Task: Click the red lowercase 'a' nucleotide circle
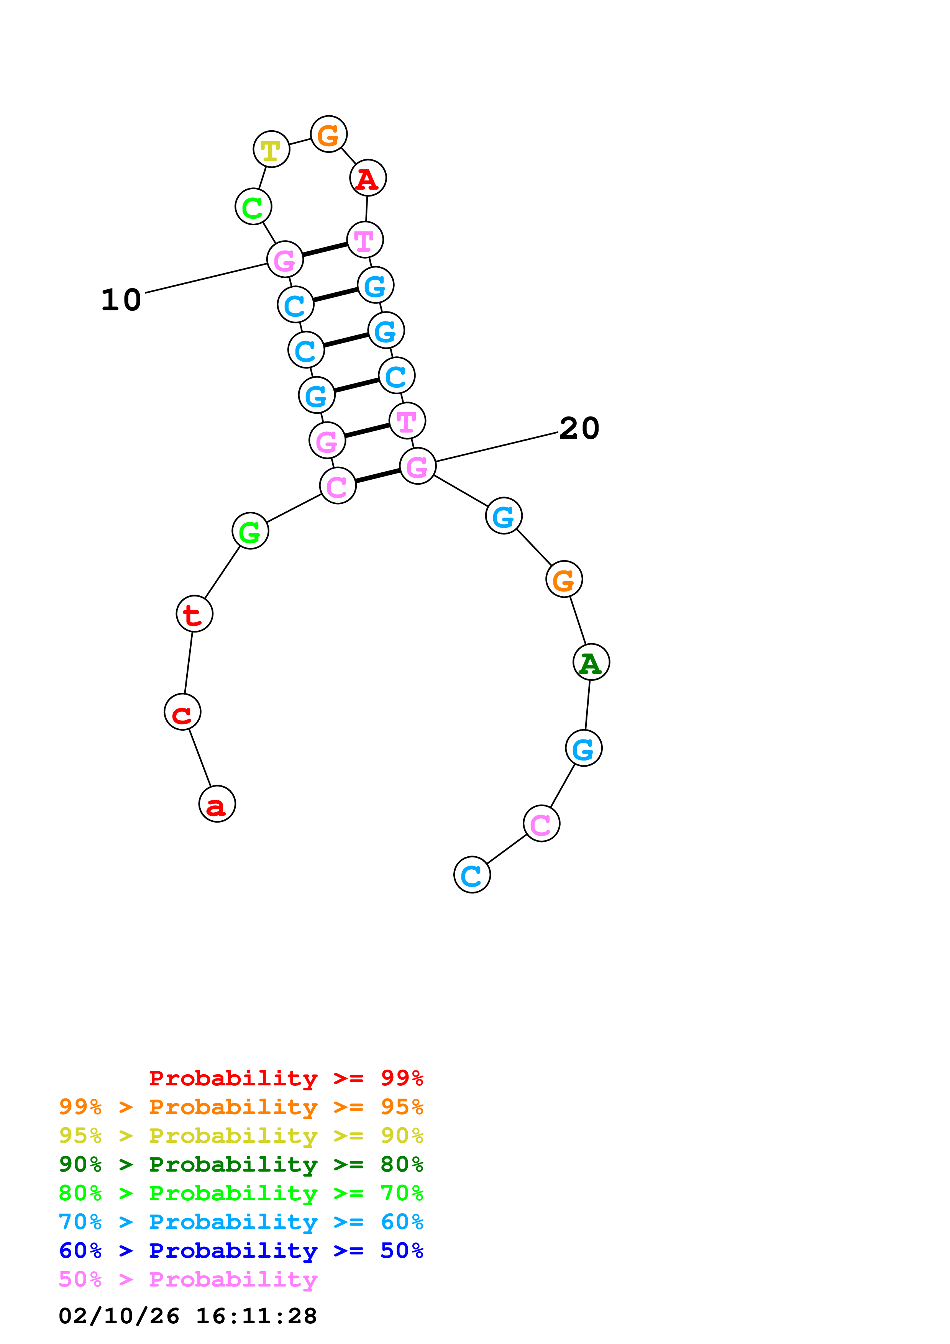217,804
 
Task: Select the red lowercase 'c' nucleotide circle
183,712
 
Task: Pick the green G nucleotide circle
251,531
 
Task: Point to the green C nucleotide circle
253,206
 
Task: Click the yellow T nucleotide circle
272,149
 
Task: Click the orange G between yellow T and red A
329,134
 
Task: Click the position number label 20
579,428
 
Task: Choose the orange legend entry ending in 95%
241,1106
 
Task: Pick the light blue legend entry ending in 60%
241,1222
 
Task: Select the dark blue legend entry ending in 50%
241,1251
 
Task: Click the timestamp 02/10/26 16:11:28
188,1316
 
